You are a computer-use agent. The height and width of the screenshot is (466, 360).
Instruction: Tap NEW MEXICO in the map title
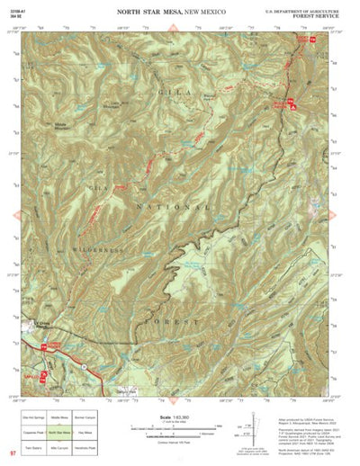pos(212,10)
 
